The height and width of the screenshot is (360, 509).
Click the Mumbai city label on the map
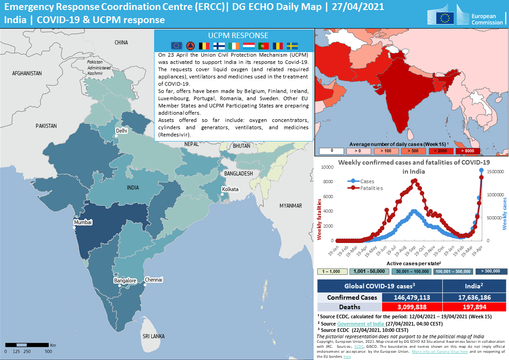click(x=83, y=222)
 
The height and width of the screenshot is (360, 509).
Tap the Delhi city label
click(x=121, y=131)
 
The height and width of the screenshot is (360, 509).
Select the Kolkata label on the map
click(x=230, y=189)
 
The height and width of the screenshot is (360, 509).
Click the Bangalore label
click(x=125, y=281)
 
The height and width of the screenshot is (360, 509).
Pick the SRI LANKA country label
click(x=154, y=336)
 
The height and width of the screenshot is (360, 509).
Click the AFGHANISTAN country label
click(x=27, y=73)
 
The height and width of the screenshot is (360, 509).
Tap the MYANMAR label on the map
click(x=291, y=205)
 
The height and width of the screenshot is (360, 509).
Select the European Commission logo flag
click(x=445, y=18)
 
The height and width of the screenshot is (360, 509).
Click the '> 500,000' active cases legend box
click(x=490, y=271)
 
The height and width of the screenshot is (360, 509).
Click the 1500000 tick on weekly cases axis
click(x=497, y=171)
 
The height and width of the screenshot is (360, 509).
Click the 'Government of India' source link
click(x=360, y=324)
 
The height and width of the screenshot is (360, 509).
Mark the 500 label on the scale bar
click(x=48, y=351)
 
